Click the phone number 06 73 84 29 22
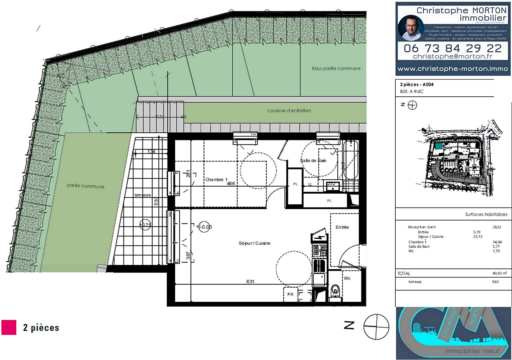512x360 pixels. pos(452,48)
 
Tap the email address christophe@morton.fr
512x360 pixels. pos(452,57)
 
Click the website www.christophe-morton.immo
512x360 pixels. pos(453,69)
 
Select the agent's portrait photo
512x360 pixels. pos(411,28)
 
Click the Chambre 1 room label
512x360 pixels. pos(216,180)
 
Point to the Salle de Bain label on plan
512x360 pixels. pos(313,161)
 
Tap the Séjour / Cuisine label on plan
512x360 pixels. pos(254,243)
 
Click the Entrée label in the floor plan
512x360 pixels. pos(342,227)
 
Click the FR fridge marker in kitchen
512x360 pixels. pos(290,294)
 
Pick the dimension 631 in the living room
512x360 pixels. pos(250,282)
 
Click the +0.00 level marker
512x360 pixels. pos(205,227)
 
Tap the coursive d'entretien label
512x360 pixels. pos(289,111)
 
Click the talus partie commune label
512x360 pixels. pos(336,68)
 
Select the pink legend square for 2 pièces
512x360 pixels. pos(9,327)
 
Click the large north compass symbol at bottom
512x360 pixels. pos(376,327)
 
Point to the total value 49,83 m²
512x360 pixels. pos(499,273)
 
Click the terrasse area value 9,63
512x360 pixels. pos(495,282)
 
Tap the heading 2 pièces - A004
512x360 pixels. pos(417,85)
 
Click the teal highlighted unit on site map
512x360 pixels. pos(438,146)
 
